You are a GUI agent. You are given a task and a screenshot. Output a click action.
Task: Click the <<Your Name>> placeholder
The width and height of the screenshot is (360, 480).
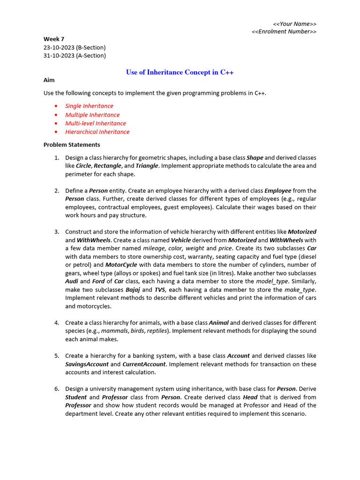(x=294, y=24)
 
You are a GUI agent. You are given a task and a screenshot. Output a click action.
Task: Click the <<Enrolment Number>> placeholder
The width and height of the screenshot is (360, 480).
(x=284, y=32)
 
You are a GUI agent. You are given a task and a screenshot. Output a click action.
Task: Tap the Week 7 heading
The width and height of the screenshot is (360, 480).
(x=54, y=39)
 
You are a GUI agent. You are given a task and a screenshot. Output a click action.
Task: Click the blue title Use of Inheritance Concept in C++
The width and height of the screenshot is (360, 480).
(x=180, y=72)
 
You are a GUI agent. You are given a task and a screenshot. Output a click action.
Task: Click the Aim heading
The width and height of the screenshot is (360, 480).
(x=49, y=80)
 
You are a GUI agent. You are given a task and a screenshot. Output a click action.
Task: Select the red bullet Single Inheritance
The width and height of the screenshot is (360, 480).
(x=89, y=106)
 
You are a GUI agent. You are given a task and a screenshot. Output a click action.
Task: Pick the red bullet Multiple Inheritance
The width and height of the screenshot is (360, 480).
(x=92, y=115)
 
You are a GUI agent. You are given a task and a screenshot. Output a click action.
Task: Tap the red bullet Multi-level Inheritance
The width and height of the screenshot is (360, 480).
(x=96, y=123)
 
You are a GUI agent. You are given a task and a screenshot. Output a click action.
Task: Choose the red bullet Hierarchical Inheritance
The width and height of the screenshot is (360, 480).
(x=97, y=132)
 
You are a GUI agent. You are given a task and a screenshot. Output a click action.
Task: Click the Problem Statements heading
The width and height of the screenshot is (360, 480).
(x=72, y=145)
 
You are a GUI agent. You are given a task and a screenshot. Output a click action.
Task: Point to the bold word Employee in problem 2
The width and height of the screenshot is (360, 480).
(x=278, y=191)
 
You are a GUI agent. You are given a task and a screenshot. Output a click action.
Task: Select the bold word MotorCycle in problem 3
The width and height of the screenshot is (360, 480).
(x=121, y=265)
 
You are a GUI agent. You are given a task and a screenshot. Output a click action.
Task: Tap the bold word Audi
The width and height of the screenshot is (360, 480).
(x=72, y=281)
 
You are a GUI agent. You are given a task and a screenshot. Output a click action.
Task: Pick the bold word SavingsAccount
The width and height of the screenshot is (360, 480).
(x=87, y=364)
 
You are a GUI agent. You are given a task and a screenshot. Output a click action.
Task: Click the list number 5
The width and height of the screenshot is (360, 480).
(x=56, y=356)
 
